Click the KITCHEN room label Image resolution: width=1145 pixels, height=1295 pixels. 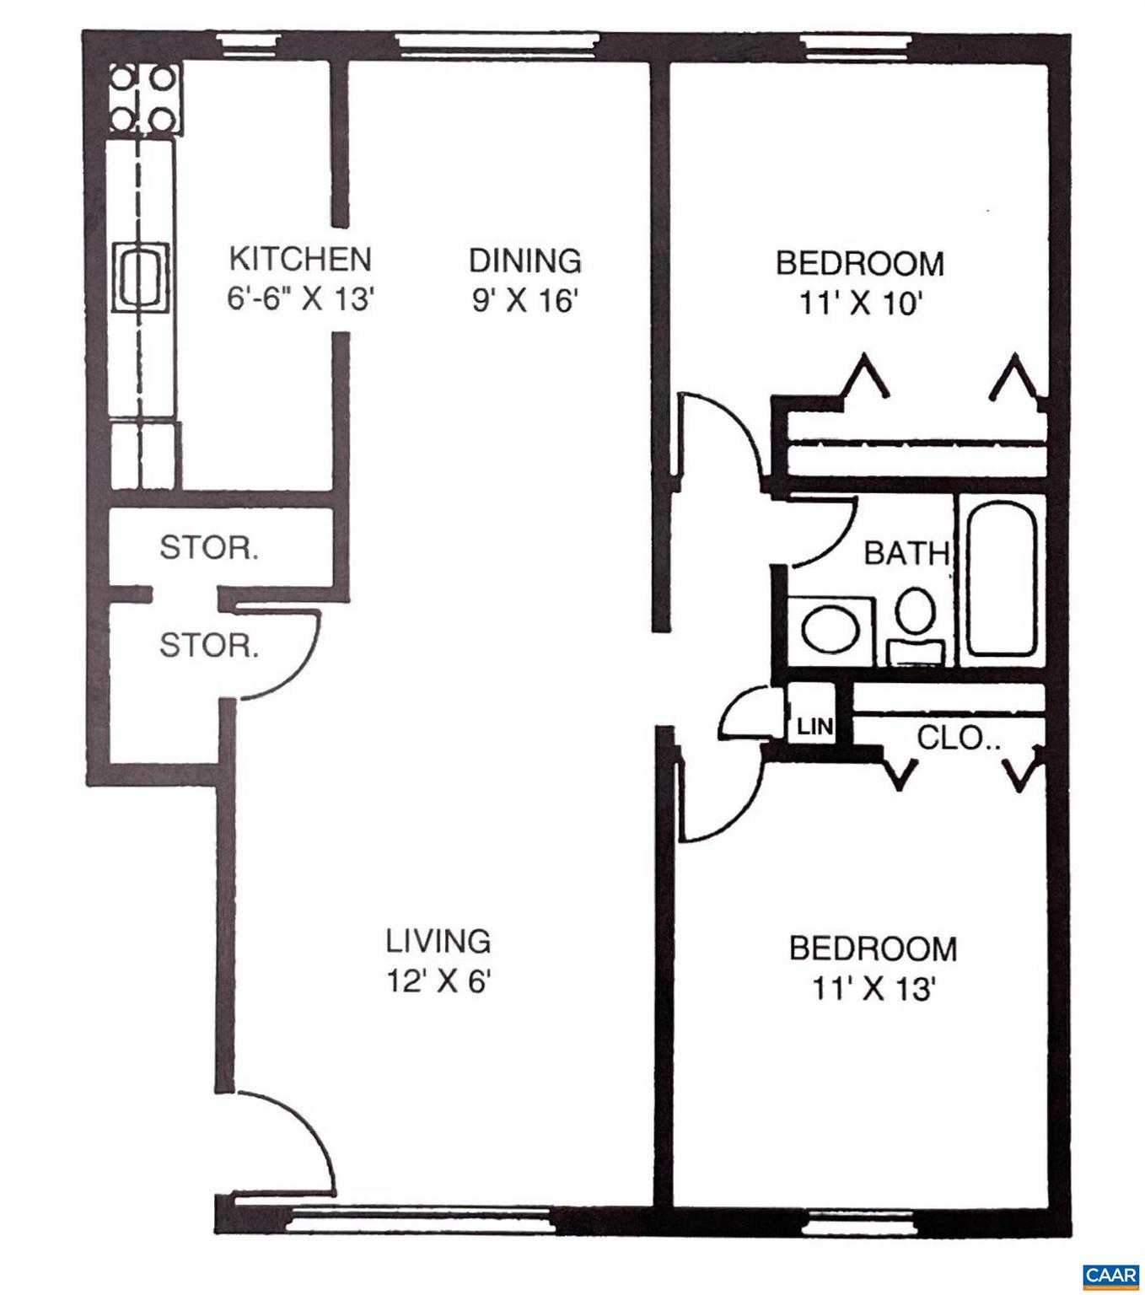[299, 259]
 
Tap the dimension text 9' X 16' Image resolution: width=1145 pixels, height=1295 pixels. [524, 301]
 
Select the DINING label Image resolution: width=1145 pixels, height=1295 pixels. [524, 261]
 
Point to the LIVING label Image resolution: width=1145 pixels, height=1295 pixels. [438, 940]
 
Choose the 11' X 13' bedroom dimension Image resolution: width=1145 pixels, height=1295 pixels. [872, 988]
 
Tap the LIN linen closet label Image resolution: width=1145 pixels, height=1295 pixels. [814, 726]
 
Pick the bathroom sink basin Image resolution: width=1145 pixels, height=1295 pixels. [831, 629]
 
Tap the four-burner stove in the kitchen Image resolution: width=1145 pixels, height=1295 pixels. [142, 99]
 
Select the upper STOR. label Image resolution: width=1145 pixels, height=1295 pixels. [209, 549]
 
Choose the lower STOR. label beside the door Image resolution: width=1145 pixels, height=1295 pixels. [209, 647]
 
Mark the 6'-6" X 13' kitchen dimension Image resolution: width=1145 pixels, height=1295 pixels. [299, 299]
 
